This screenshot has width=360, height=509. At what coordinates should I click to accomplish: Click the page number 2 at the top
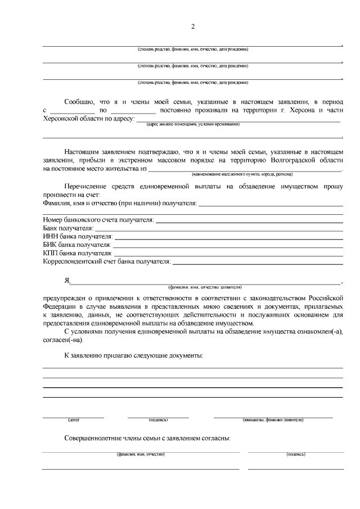[192, 26]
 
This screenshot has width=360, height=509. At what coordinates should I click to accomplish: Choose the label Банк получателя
[68, 228]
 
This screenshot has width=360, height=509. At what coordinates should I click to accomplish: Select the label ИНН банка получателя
[78, 237]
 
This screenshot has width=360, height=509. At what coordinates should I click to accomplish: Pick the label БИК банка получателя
[77, 245]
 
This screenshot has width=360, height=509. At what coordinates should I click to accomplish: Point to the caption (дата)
[74, 420]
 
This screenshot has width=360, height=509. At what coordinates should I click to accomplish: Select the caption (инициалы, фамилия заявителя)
[273, 420]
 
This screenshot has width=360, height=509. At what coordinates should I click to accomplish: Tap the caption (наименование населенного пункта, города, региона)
[245, 174]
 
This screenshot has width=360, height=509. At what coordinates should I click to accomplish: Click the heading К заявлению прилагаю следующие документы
[134, 355]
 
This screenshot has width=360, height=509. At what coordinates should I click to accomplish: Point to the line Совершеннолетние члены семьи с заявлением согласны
[147, 438]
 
